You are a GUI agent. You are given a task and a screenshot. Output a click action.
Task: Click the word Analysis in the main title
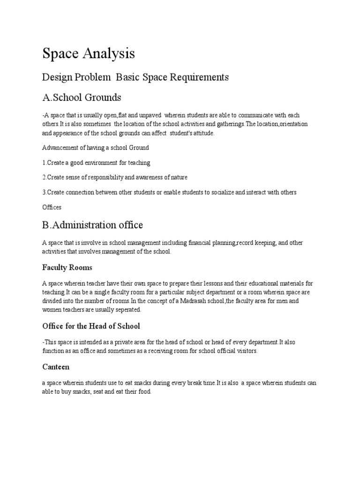click(107, 54)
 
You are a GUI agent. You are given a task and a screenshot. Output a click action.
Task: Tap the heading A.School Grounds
click(82, 97)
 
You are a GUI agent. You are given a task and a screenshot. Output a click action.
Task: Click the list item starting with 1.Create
click(96, 163)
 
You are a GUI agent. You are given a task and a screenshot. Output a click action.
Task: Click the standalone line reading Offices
click(52, 207)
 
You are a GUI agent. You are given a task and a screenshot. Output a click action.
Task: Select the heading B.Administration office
click(92, 225)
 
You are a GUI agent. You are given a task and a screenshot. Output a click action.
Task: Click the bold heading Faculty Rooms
click(67, 268)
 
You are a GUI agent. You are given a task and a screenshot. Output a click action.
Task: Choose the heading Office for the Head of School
click(91, 326)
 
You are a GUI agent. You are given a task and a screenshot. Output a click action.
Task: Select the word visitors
click(245, 352)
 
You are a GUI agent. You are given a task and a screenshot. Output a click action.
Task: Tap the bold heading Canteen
click(56, 367)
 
